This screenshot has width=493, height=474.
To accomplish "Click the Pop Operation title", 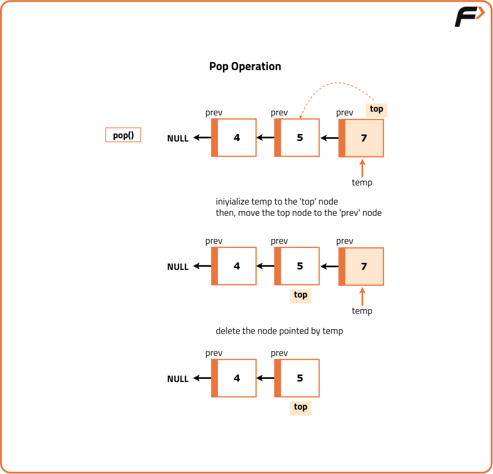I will coord(245,66).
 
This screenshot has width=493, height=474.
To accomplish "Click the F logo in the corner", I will coord(469,17).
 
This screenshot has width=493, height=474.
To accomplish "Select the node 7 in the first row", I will coord(364,138).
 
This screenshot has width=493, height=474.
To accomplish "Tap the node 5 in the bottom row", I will coord(300,378).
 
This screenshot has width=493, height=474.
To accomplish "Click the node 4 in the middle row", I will coord(236,266).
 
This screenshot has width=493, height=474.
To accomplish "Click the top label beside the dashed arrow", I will coord(376,109).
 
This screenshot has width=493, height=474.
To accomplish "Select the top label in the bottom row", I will coord(300,407).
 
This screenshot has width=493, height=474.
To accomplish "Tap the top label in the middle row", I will coord(300,295).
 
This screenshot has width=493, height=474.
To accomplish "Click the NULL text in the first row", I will coord(178,138).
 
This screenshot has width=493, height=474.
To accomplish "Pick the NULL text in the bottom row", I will coord(178,379).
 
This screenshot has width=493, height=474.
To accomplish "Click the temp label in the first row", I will coord(362,183).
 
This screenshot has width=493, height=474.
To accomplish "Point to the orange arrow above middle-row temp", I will coord(362,297).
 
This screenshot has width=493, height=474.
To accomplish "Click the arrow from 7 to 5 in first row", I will coord(329,138).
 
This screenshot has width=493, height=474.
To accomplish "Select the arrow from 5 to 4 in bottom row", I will coord(265,378).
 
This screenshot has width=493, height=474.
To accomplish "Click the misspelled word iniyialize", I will coord(232,202).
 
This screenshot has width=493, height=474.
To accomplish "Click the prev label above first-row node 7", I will coord(344,113).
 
